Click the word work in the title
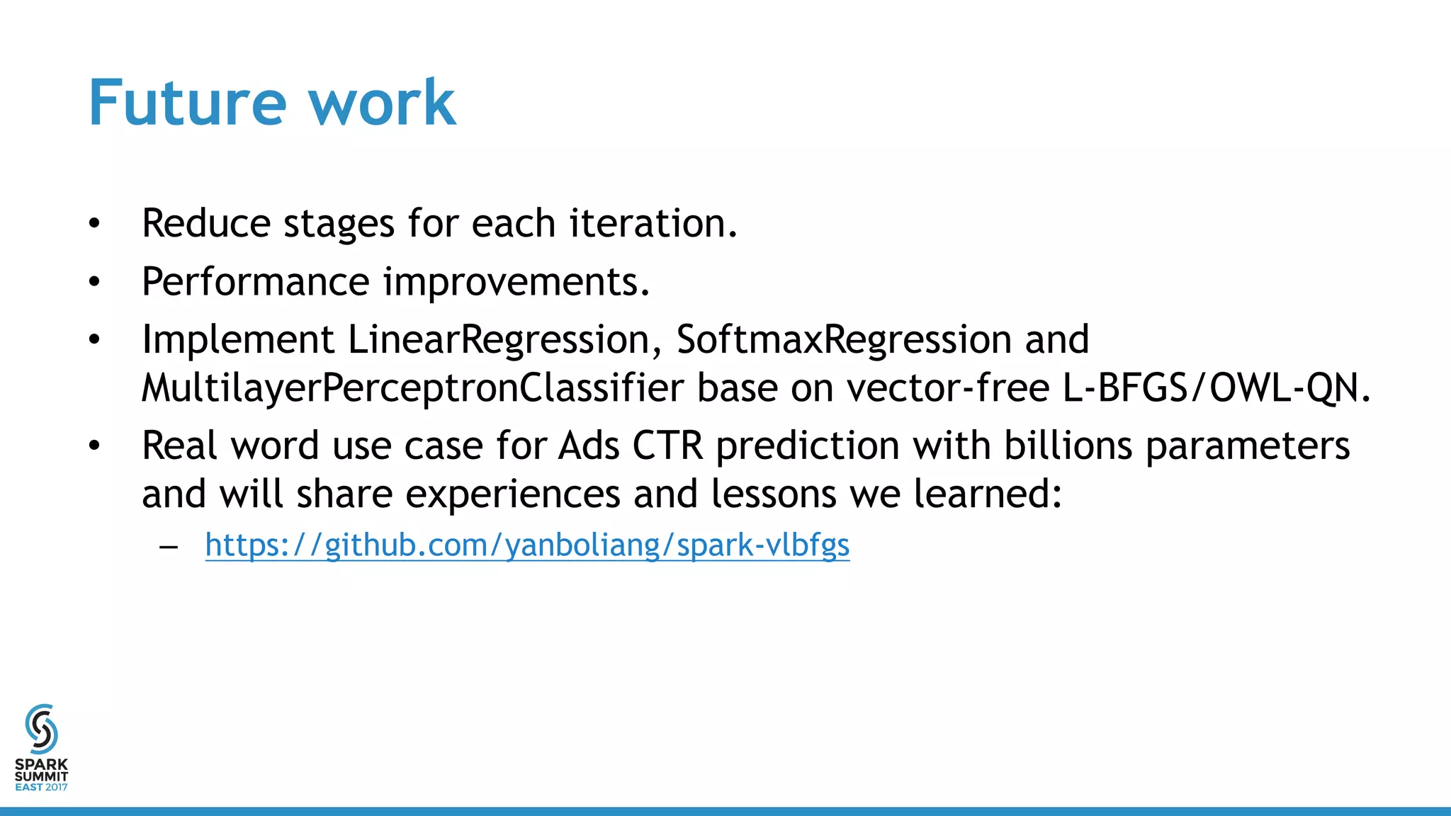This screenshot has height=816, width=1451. tap(382, 103)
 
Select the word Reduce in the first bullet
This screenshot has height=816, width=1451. tap(206, 223)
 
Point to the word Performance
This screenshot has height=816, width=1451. tap(256, 282)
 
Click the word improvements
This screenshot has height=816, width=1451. tap(516, 282)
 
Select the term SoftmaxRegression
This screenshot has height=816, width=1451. tap(843, 339)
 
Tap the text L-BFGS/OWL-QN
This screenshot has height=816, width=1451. tap(1216, 388)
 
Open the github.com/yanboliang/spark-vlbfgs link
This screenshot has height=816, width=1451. tap(527, 545)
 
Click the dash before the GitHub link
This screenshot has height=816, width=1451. tap(169, 547)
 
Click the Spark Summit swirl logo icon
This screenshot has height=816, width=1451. tap(41, 728)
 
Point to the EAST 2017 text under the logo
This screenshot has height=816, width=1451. tap(41, 787)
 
